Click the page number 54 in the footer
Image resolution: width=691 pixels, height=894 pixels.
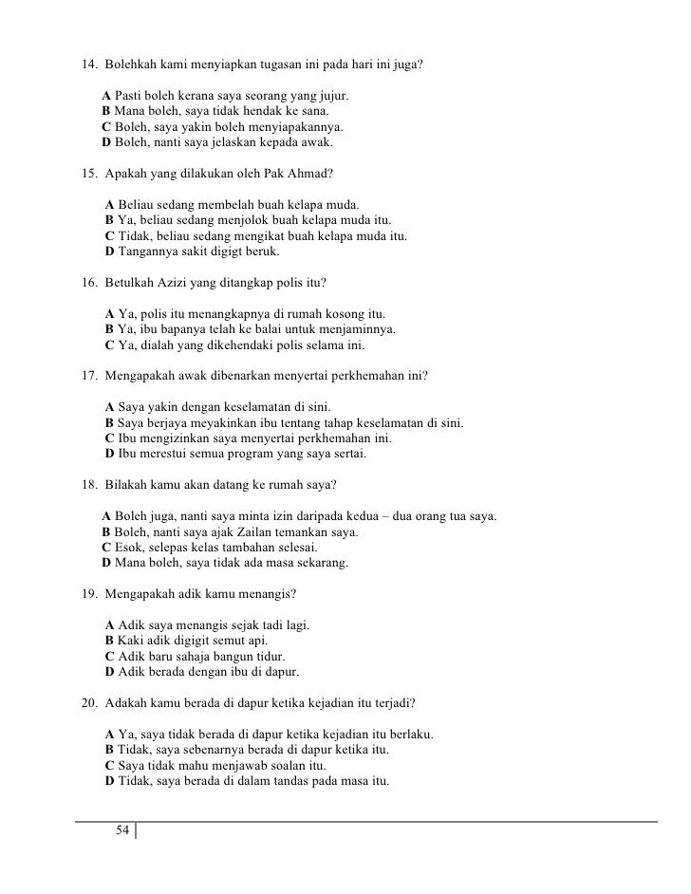[121, 831]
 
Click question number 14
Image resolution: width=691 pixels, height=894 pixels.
[88, 67]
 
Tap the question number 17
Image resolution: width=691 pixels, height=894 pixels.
[88, 375]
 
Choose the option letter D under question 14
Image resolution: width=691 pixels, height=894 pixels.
[106, 143]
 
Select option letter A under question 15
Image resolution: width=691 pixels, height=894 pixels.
[110, 205]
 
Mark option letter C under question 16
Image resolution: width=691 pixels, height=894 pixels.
[110, 345]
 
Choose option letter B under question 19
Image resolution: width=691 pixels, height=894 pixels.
[110, 641]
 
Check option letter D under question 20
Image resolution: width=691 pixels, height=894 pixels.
[110, 781]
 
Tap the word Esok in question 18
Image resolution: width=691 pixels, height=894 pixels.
[130, 549]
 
